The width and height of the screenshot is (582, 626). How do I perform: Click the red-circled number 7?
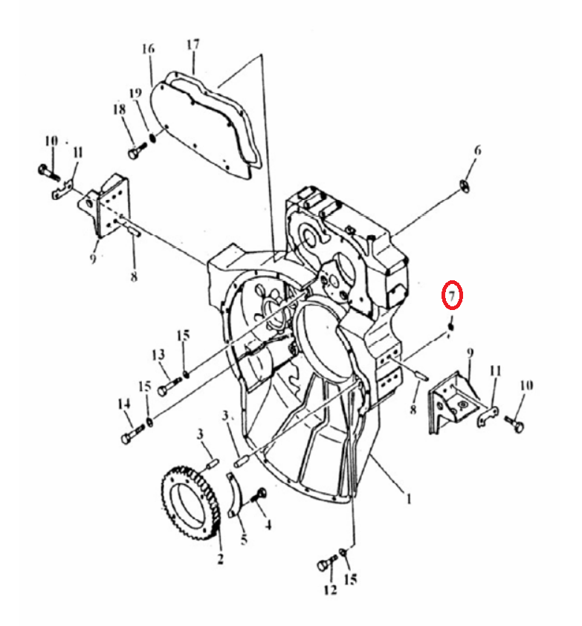[x=452, y=295]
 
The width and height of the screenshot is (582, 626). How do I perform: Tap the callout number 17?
[x=193, y=44]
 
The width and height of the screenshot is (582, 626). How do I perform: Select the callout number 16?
[x=148, y=49]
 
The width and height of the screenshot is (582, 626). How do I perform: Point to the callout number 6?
[x=477, y=150]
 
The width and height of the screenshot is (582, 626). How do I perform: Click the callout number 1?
[x=409, y=499]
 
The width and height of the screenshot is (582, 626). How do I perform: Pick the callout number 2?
[x=220, y=558]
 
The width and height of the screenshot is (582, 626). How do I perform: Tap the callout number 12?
[x=331, y=590]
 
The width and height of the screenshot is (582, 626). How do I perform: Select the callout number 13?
[x=158, y=354]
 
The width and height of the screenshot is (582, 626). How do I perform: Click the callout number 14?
[x=123, y=404]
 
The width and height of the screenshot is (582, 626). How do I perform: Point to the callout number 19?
[x=136, y=93]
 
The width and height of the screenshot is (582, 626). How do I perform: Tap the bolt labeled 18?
[x=137, y=150]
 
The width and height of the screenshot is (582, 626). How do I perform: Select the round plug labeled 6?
[x=464, y=186]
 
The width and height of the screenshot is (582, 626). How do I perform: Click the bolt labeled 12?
[x=326, y=563]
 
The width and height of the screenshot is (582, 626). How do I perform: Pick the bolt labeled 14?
[x=132, y=433]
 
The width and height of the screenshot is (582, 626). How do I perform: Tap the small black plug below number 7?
[x=451, y=326]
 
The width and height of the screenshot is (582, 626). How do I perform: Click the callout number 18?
[x=119, y=109]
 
